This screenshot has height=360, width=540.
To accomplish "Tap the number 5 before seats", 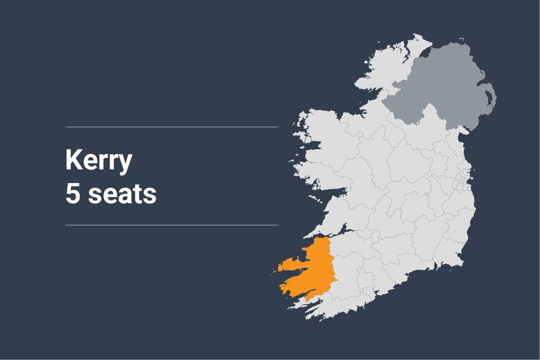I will pyautogui.click(x=73, y=194).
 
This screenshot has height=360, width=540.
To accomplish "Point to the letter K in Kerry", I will pyautogui.click(x=74, y=160).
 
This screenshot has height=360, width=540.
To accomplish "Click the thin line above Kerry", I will pyautogui.click(x=171, y=126).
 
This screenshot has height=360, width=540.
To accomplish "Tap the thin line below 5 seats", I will pyautogui.click(x=171, y=225).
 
